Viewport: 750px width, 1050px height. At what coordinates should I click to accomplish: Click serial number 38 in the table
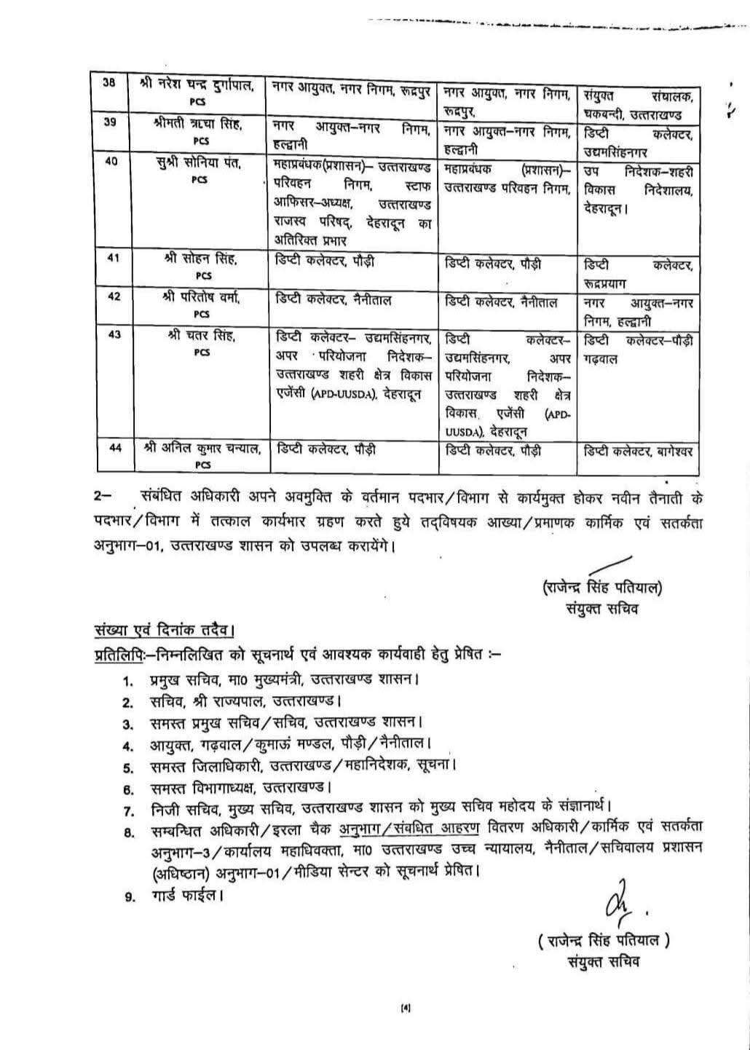point(108,83)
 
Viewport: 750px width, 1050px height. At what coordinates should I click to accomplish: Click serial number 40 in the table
point(111,161)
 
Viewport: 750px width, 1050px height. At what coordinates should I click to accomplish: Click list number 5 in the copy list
point(128,767)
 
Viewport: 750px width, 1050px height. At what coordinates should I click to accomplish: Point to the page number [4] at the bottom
point(406,1008)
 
